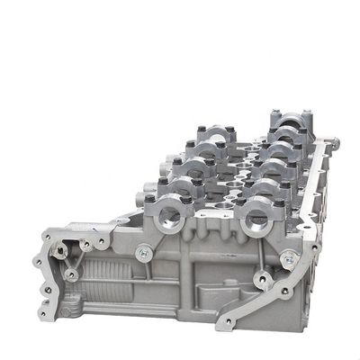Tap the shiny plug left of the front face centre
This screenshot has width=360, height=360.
coord(142,255)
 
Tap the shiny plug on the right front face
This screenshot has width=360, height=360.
coord(288,259)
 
